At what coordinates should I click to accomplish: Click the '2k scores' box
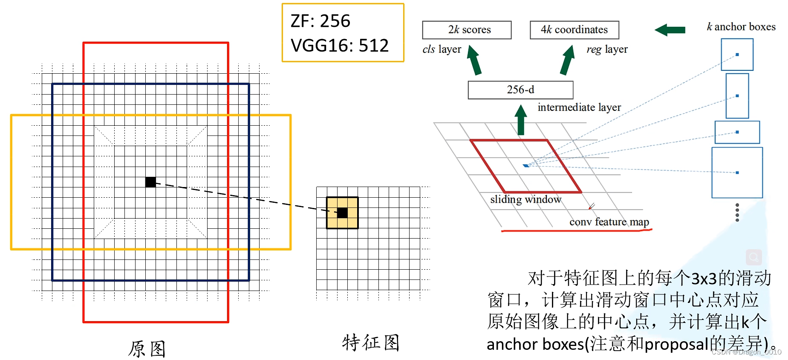click(x=467, y=30)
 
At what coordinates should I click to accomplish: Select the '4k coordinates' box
click(x=574, y=30)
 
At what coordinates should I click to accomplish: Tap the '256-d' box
click(x=520, y=90)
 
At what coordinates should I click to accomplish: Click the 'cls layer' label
click(x=442, y=49)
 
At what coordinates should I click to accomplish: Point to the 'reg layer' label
click(x=607, y=49)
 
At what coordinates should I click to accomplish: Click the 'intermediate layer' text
click(x=579, y=107)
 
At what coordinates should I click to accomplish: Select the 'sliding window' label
click(x=525, y=199)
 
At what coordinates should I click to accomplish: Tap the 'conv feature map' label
click(x=609, y=222)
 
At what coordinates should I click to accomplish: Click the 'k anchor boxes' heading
click(x=741, y=27)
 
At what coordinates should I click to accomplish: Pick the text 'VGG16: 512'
click(x=340, y=46)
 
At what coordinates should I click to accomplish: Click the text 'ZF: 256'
click(x=320, y=21)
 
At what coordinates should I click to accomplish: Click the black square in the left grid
click(x=150, y=182)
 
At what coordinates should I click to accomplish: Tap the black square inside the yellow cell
click(x=342, y=213)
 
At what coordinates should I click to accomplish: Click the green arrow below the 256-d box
click(x=520, y=120)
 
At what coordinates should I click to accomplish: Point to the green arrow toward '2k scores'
click(x=474, y=60)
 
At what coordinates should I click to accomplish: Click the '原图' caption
click(x=147, y=349)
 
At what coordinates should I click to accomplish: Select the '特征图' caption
click(x=370, y=343)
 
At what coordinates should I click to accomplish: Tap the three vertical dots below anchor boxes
click(x=737, y=212)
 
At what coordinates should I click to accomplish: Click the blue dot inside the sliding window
click(x=526, y=165)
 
